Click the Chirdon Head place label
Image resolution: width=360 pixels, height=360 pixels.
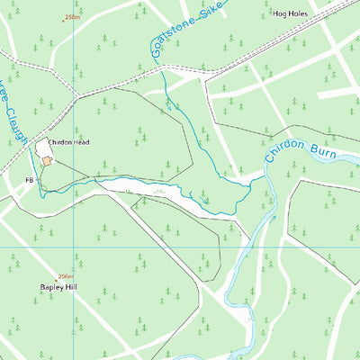click(x=68, y=142)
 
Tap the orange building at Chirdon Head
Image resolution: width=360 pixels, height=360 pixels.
click(x=46, y=160)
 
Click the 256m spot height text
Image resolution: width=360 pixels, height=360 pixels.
click(x=66, y=276)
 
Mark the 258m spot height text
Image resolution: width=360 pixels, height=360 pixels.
click(x=72, y=18)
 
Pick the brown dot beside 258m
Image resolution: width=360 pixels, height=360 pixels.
click(x=64, y=18)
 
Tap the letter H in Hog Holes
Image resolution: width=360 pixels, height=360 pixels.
click(x=276, y=14)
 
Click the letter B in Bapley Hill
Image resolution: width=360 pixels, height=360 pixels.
click(x=41, y=287)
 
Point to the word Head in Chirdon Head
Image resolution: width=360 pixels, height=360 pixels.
click(x=81, y=142)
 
